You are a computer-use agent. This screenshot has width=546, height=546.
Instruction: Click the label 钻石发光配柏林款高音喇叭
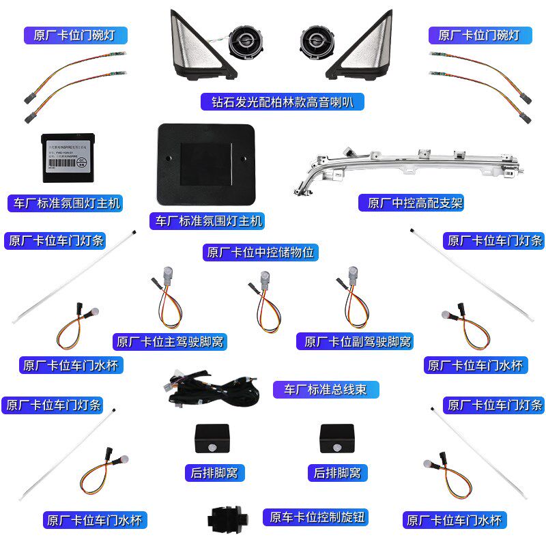pos(283,102)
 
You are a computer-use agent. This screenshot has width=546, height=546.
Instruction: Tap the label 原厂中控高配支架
pos(411,203)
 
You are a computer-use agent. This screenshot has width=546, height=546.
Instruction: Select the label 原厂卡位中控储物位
pos(261,252)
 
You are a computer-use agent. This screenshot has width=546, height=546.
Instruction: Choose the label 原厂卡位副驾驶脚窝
pos(354,341)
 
